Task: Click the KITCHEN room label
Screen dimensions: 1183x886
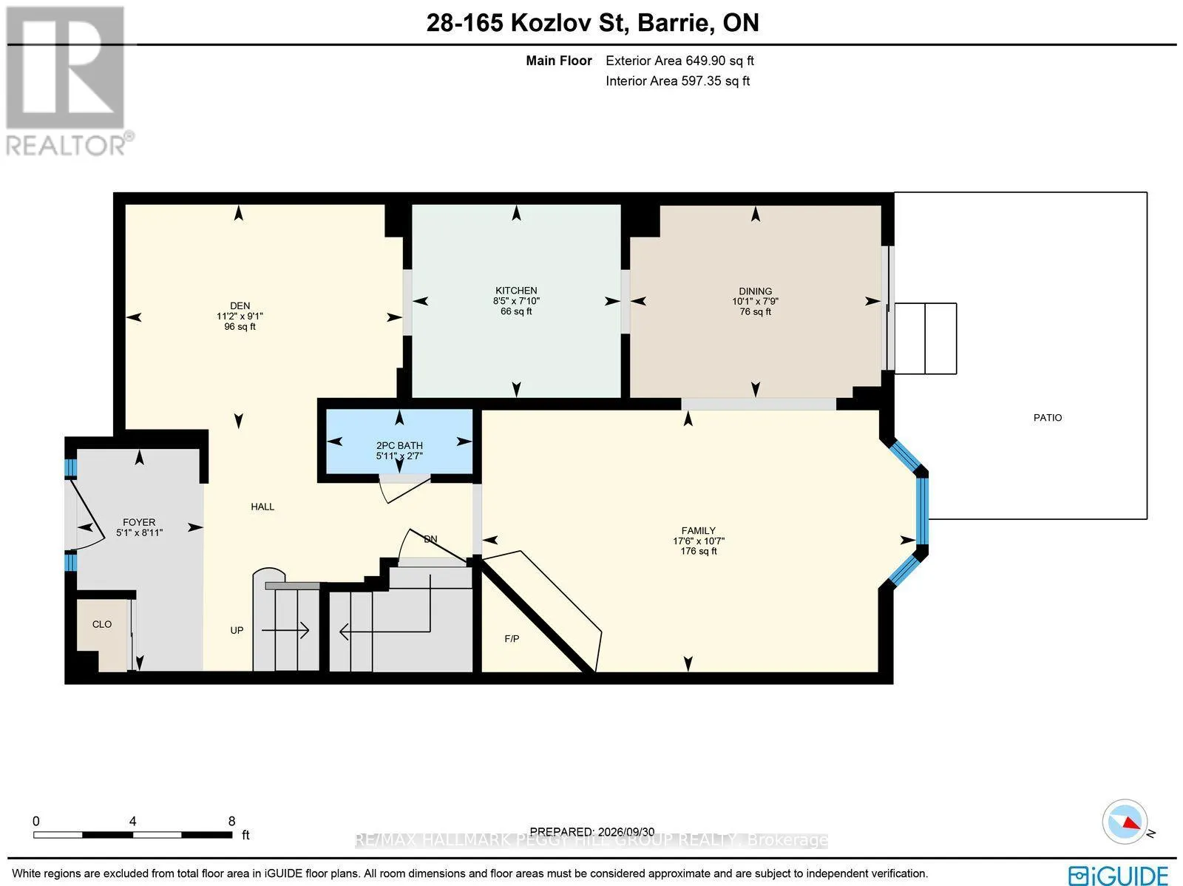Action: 516,291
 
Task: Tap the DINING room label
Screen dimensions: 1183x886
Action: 755,291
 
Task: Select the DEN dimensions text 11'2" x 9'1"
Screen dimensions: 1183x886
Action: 240,317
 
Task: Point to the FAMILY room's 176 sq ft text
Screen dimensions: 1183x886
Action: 699,551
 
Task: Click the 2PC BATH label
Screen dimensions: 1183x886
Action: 399,446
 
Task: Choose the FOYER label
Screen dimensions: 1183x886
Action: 139,522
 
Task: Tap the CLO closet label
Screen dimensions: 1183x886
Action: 102,624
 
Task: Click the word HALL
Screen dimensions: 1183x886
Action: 262,507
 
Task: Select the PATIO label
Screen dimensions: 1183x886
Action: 1047,418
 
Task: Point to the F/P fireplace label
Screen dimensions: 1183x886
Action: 512,639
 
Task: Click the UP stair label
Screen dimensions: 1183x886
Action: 237,631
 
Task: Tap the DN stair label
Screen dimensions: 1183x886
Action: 430,539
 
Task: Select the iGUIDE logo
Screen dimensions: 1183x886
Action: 1118,875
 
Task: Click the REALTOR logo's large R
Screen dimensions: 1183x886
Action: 65,67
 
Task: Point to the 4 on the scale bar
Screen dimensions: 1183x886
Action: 132,822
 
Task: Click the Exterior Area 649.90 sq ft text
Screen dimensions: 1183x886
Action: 679,61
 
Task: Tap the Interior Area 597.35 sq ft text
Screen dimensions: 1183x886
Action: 677,81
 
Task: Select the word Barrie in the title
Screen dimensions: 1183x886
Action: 672,23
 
